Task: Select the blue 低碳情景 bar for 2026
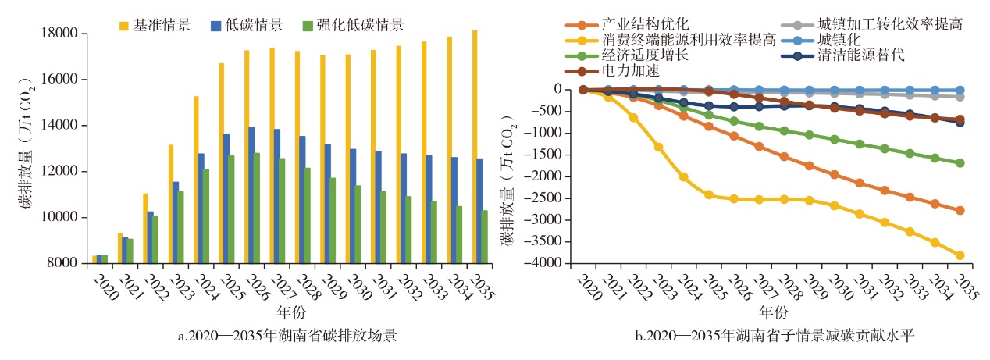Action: coord(251,195)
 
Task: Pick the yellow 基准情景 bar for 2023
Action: coord(170,204)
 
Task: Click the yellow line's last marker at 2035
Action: coord(960,255)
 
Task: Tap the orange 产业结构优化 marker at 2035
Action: coord(960,211)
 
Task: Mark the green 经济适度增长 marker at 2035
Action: coord(960,163)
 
